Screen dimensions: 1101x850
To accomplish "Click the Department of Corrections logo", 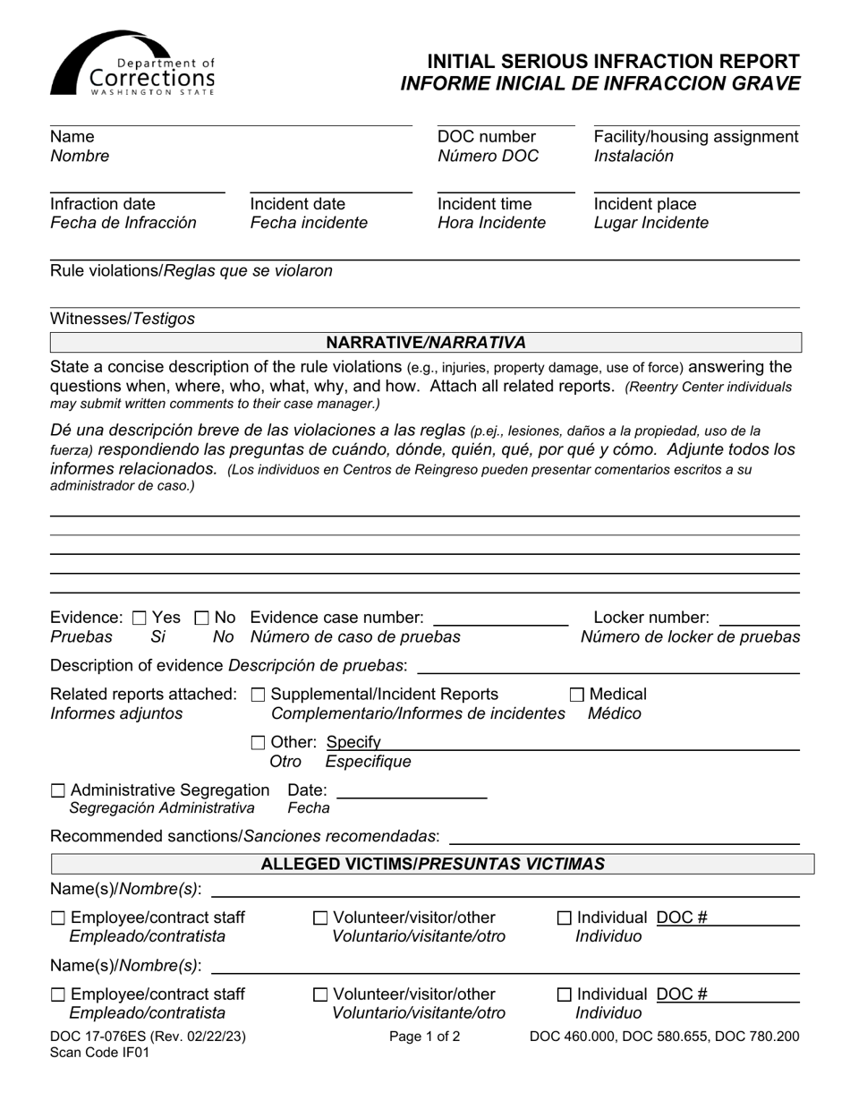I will click(x=132, y=64).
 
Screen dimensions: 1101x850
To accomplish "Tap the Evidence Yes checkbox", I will click(x=140, y=618).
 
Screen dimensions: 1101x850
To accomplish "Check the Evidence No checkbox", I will click(x=201, y=618).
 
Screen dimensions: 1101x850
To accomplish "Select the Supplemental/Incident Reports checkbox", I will click(x=259, y=695).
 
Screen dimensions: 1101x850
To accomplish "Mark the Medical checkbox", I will click(x=577, y=695).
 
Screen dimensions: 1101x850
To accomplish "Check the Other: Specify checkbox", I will click(x=259, y=742).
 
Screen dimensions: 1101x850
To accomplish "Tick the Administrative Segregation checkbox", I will click(x=58, y=790).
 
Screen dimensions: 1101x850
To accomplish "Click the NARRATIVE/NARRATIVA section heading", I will click(x=425, y=343).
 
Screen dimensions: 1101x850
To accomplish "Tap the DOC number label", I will click(x=486, y=137).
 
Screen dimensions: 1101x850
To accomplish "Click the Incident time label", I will click(x=484, y=204).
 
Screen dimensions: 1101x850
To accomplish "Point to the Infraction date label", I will click(x=102, y=204).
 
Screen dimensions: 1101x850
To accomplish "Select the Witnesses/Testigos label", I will click(x=122, y=319).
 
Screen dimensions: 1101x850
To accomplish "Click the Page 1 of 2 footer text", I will click(x=425, y=1037).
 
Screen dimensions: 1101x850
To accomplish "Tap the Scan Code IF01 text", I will click(x=99, y=1053).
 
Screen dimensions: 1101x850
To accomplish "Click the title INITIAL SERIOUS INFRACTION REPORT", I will click(x=613, y=62).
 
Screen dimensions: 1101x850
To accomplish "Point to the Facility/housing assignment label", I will click(x=695, y=137).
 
